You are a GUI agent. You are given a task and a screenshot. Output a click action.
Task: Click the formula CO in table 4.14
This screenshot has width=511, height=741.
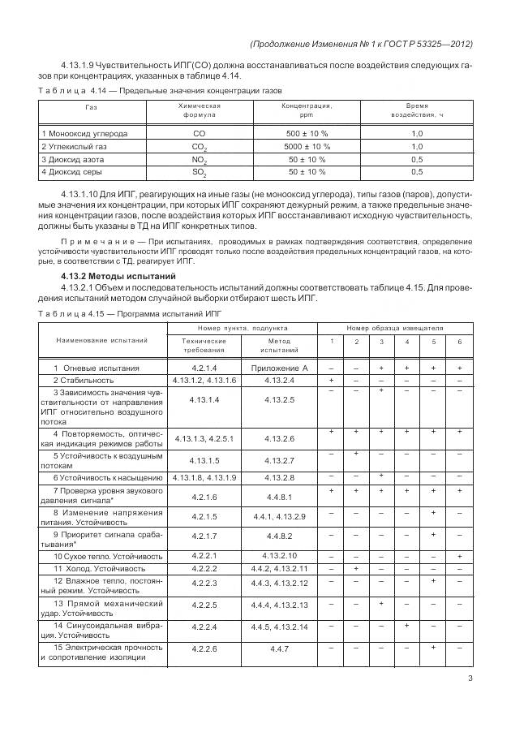coord(199,133)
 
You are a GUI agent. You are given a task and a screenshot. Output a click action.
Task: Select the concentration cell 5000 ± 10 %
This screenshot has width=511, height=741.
coord(307,146)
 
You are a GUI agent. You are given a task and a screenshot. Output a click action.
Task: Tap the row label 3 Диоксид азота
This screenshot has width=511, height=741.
coord(75,159)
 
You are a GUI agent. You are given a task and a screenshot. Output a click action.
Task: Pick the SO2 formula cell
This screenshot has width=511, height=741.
coord(199,173)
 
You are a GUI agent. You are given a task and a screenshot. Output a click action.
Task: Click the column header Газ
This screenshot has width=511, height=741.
coord(92,106)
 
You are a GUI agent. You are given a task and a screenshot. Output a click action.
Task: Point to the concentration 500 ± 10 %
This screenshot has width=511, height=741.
coord(307,133)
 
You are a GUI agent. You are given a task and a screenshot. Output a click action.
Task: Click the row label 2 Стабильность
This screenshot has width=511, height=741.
coord(84,380)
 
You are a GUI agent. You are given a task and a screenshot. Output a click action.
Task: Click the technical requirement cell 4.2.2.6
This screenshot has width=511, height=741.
coord(200,649)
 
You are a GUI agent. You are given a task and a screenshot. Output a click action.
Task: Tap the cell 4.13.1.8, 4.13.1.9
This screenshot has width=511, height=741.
coord(200,477)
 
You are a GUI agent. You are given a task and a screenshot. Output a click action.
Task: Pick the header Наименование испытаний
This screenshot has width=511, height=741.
coord(91,340)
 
